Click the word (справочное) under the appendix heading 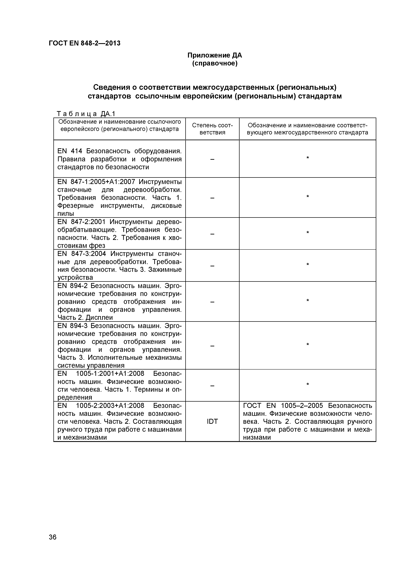coord(215,63)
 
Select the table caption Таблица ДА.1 coord(86,114)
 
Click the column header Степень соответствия coord(212,129)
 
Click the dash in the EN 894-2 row coord(212,302)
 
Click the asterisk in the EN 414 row coord(307,158)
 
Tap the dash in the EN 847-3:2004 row coord(212,266)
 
